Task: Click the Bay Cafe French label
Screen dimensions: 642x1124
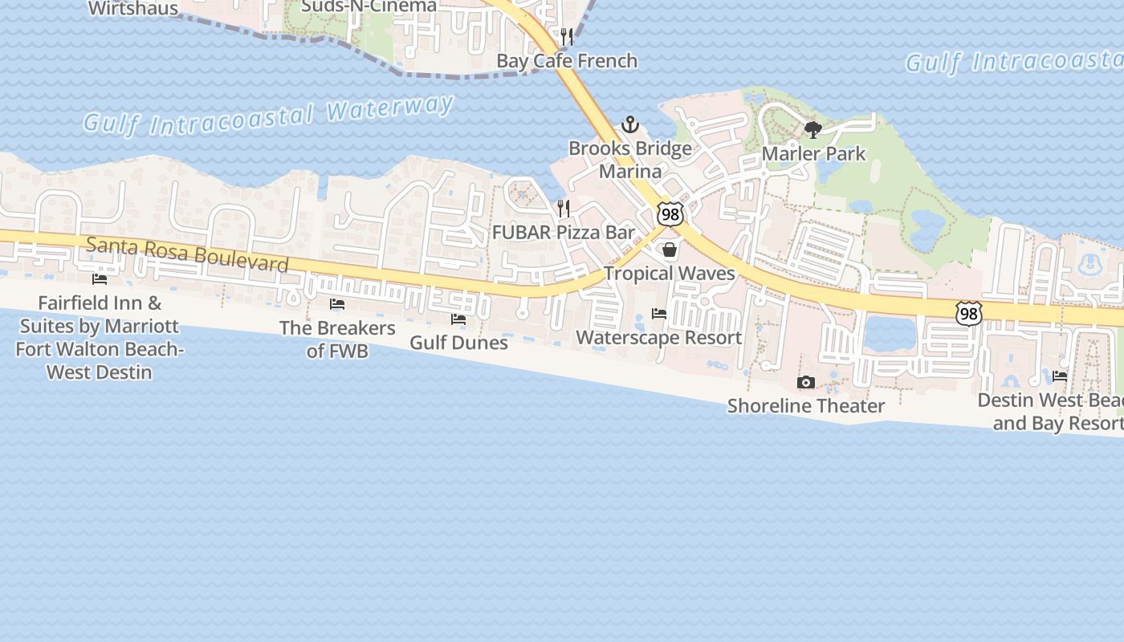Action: coord(567,61)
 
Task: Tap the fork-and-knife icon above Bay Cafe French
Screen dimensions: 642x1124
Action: coord(567,37)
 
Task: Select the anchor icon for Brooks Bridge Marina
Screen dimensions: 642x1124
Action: coord(630,124)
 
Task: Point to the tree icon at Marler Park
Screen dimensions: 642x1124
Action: coord(813,129)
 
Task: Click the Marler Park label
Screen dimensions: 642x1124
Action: coord(813,153)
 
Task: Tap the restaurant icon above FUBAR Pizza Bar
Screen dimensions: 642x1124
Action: coord(564,209)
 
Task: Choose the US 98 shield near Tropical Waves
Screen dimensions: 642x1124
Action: coord(670,214)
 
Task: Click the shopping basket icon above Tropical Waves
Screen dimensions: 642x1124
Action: coord(670,250)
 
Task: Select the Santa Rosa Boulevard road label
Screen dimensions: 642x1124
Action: coord(187,254)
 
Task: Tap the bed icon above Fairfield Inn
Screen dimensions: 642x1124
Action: coord(100,279)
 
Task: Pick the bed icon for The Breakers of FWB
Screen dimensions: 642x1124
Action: coord(337,304)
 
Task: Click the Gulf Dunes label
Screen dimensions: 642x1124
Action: coord(458,343)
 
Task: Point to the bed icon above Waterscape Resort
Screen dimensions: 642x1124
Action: coord(659,314)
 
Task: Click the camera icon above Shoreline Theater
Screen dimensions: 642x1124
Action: coord(805,383)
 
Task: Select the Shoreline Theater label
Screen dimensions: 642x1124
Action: coord(806,406)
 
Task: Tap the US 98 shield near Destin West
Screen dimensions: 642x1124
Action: coord(969,314)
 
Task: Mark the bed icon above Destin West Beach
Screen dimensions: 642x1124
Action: coord(1060,376)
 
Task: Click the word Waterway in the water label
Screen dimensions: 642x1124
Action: coord(390,109)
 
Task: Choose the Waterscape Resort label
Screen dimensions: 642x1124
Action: coord(659,338)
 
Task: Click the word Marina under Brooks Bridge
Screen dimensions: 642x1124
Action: coord(630,171)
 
